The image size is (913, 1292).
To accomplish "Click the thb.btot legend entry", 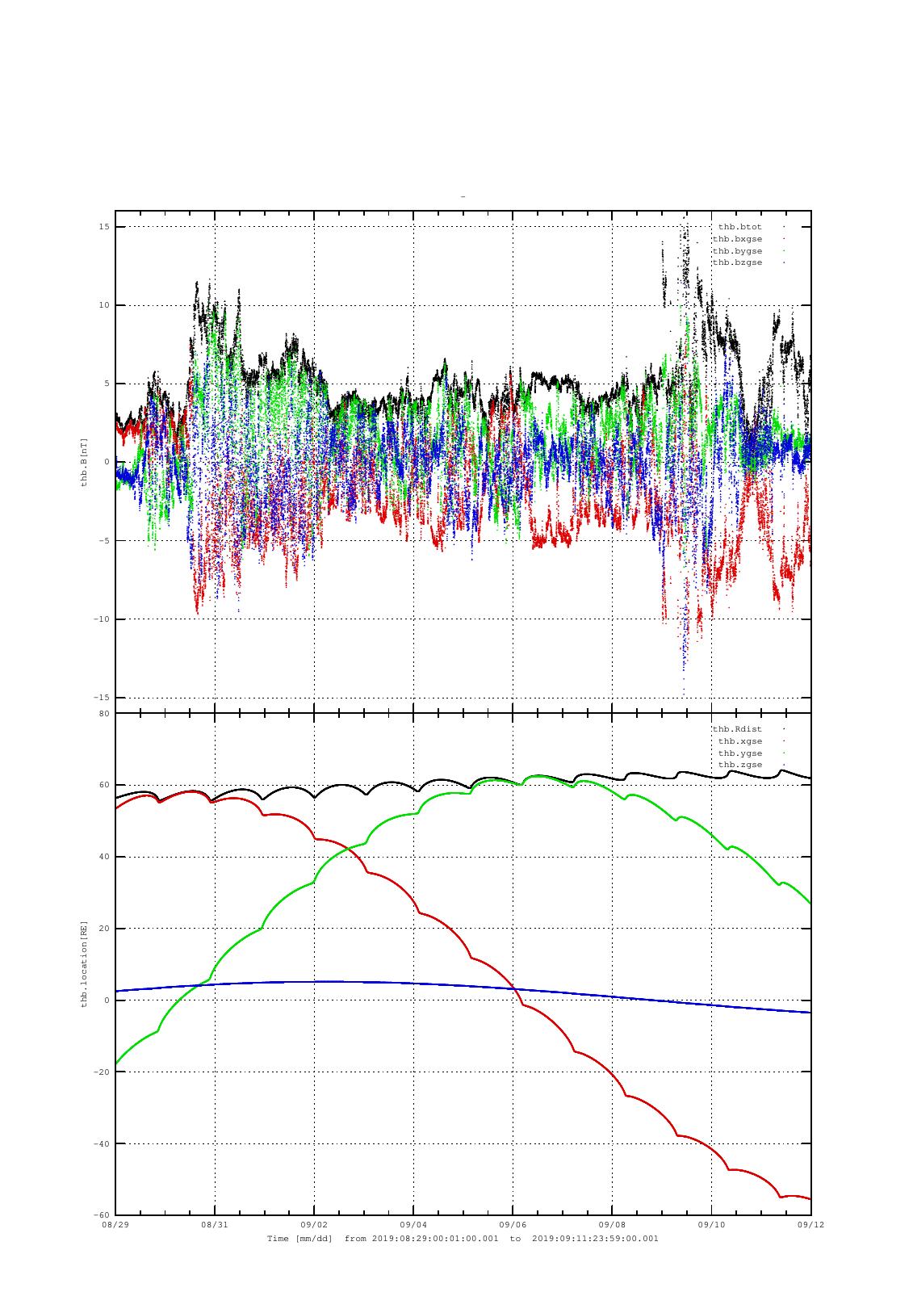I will (x=739, y=227).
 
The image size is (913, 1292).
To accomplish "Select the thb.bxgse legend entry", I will (x=737, y=239).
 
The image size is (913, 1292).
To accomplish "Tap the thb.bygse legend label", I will (x=737, y=251).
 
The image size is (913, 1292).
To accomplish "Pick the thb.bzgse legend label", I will (x=737, y=262).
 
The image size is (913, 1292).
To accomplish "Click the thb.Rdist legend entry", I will (x=737, y=729).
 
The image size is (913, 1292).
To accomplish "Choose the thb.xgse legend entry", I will (x=739, y=741).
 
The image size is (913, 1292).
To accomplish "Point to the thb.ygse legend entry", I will (x=739, y=753).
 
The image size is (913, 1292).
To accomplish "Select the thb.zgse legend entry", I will (x=739, y=765).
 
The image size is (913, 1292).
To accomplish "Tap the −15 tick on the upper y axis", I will (x=103, y=698).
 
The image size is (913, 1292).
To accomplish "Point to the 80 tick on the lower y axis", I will (x=104, y=714).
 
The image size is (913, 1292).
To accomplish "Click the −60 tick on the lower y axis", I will (x=103, y=1215).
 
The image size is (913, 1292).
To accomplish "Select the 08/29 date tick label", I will (x=115, y=1225).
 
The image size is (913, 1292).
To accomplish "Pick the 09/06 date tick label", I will (x=513, y=1225).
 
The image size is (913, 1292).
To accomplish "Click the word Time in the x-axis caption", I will (x=278, y=1239).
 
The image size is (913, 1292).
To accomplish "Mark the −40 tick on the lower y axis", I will (x=103, y=1143).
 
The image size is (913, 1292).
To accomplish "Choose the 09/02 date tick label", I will (x=314, y=1225).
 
